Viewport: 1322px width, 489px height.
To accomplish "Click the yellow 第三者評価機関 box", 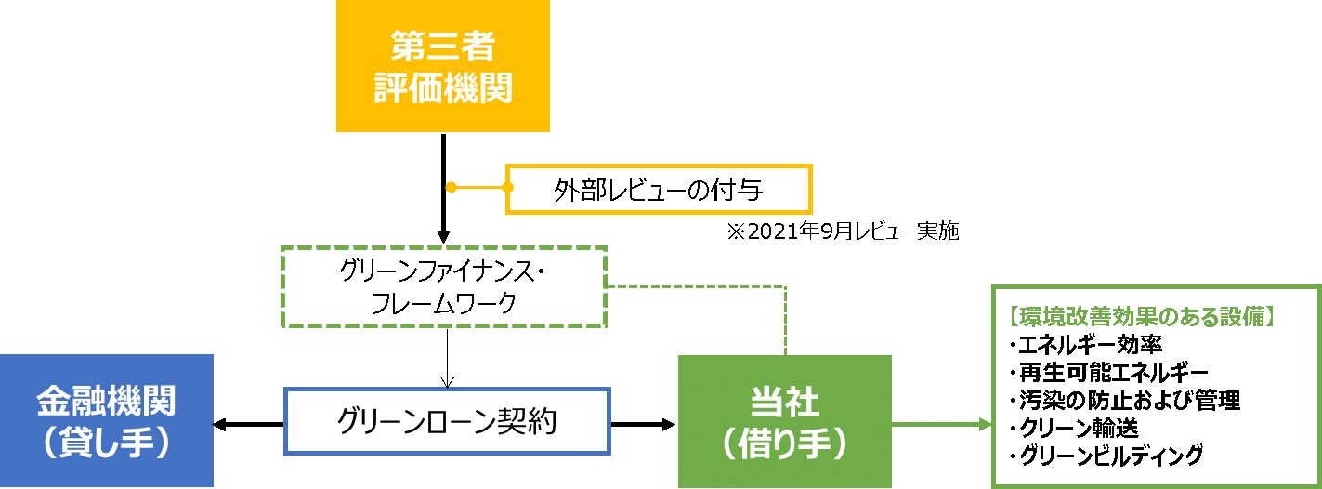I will pos(442,66).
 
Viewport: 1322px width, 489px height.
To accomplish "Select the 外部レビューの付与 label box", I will pos(659,190).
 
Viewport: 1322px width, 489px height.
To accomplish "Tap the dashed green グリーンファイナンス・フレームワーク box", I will pos(444,286).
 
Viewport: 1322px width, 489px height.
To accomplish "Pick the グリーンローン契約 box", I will pos(447,421).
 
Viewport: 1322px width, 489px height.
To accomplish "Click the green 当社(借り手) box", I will pos(784,421).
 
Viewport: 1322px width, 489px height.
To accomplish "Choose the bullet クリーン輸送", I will pos(1079,428).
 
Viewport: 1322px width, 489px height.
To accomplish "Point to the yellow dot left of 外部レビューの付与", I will pos(451,188).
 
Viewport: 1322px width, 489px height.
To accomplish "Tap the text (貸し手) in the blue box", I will pos(106,443).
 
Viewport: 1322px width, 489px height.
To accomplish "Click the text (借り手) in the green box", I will pos(784,443).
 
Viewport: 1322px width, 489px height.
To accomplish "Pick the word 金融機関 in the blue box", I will pos(106,402).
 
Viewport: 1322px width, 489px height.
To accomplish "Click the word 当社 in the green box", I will pos(784,402).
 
